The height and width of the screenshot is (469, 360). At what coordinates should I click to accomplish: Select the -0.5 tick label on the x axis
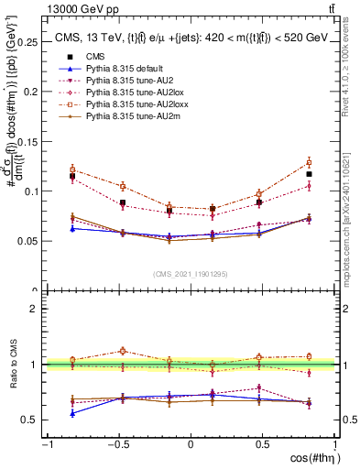coord(116,443)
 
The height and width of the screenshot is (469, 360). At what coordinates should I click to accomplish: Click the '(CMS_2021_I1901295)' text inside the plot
coord(191,274)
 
